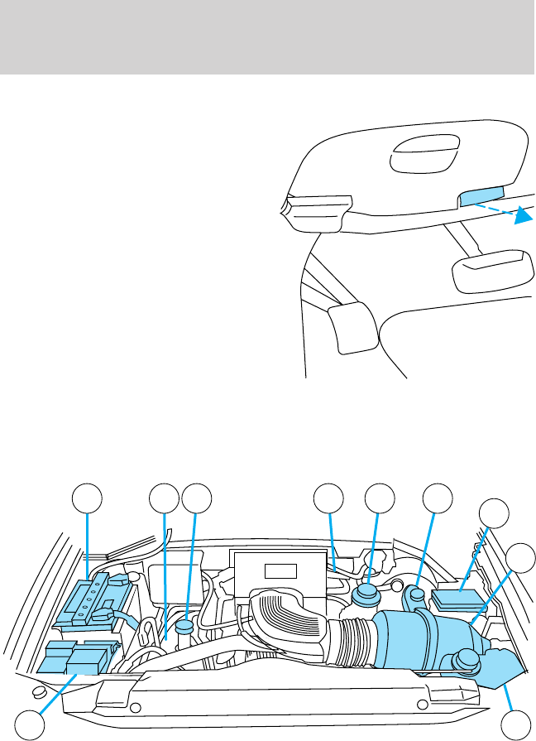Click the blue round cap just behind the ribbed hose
pos(366,596)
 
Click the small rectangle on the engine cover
pos(280,570)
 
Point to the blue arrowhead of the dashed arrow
pos(520,217)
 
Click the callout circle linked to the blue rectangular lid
pos(495,512)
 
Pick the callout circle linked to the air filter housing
pos(521,558)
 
